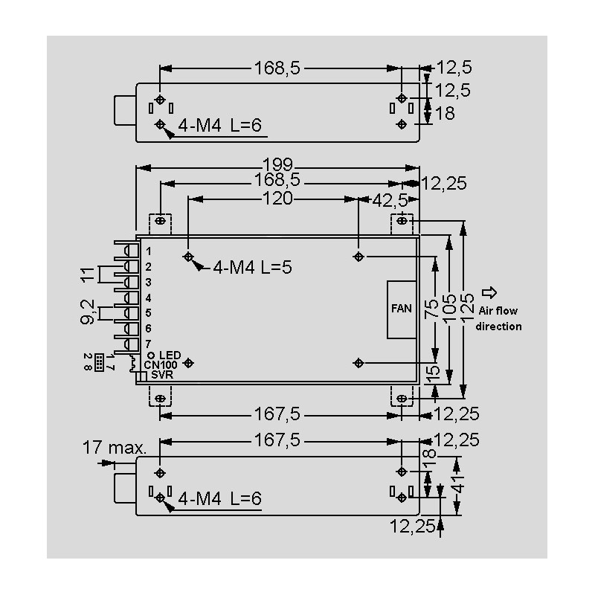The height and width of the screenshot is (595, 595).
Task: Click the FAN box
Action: (402, 309)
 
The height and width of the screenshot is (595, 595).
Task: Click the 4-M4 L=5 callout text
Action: (252, 268)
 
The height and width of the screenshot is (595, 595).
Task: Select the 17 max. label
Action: (115, 448)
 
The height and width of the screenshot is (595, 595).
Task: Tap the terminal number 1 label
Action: (149, 251)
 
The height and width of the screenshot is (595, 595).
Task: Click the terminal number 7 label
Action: (149, 344)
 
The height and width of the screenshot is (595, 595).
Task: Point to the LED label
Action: (170, 356)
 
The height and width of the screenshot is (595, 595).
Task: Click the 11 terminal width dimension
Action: (88, 274)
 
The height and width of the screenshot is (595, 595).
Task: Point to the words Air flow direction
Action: (498, 320)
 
